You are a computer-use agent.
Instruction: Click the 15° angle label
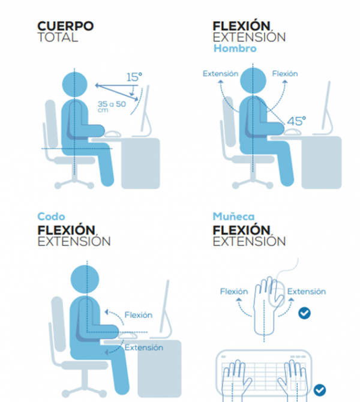(x=134, y=77)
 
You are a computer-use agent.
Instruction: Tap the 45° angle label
(x=296, y=121)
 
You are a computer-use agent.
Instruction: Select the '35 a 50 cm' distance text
(x=112, y=106)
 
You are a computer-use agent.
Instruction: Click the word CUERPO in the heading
(x=65, y=26)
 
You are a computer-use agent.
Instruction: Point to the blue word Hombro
(x=235, y=49)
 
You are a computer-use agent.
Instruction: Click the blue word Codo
(x=51, y=217)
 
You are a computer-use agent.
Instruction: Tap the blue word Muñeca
(x=233, y=217)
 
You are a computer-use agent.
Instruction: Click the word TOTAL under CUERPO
(x=58, y=37)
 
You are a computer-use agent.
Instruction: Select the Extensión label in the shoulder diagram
(x=221, y=74)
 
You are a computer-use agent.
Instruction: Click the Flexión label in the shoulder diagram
(x=285, y=74)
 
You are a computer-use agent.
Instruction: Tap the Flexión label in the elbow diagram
(x=139, y=315)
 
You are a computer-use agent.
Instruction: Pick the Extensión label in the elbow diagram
(x=144, y=347)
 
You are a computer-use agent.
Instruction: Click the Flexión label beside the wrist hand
(x=234, y=292)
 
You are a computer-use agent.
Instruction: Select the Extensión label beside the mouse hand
(x=307, y=292)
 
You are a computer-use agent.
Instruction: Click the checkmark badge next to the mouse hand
(x=304, y=313)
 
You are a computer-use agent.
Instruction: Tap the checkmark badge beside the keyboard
(x=320, y=390)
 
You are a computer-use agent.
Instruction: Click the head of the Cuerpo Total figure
(x=74, y=85)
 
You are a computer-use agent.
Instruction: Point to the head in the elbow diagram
(x=85, y=279)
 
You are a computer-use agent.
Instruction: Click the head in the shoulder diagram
(x=253, y=80)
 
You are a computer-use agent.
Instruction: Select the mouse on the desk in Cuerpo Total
(x=113, y=134)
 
